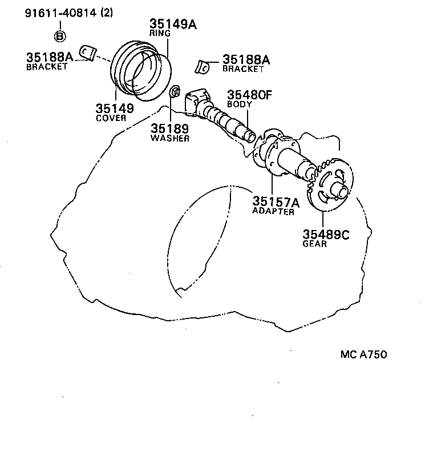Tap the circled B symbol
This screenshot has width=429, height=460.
tap(60, 36)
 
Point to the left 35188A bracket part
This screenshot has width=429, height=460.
tap(86, 53)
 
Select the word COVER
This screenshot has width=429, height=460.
tap(111, 118)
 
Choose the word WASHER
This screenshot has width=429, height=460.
tap(170, 138)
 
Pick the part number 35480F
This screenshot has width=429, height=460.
tap(249, 95)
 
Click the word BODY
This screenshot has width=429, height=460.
tap(240, 104)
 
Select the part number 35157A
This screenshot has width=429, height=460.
tap(276, 202)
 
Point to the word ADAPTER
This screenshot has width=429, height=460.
tap(273, 212)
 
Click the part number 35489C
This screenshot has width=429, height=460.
tap(325, 234)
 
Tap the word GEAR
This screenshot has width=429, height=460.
tap(314, 244)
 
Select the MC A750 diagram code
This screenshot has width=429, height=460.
tap(364, 354)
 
